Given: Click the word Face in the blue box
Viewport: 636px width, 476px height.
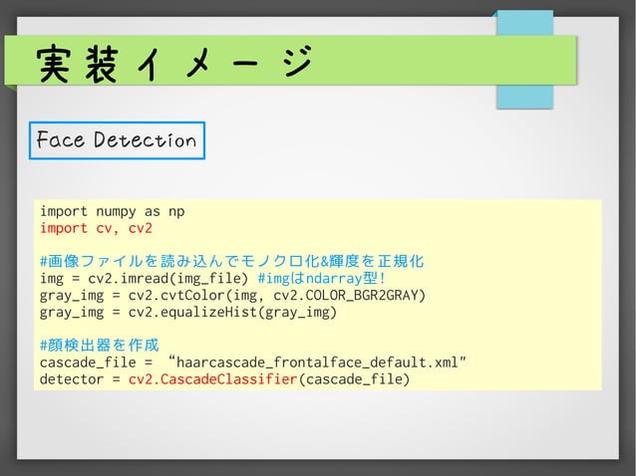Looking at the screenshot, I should click(59, 140).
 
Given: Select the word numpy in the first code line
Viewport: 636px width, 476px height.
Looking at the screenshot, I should click(113, 211).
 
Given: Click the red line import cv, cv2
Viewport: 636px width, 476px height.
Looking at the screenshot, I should click(96, 228).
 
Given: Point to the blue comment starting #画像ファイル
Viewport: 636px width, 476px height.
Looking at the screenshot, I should click(231, 262).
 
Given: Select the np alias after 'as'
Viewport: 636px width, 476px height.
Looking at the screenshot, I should click(176, 211).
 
